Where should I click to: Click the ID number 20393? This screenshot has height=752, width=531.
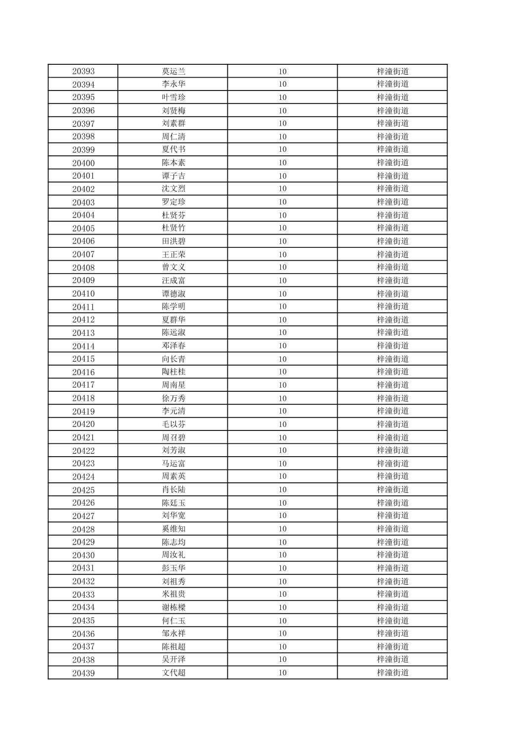[x=83, y=71]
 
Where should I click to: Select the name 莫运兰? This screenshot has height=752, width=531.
[x=174, y=71]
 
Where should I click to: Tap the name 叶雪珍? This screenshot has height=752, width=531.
[x=174, y=97]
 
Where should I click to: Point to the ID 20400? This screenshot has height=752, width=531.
[x=83, y=163]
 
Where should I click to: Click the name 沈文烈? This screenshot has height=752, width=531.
[x=174, y=188]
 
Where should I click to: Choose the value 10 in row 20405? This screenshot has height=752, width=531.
[x=282, y=228]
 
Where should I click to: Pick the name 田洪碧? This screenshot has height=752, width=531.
[x=174, y=241]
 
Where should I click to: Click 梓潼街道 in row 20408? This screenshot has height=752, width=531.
[x=393, y=267]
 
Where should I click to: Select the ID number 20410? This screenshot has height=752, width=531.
[x=83, y=293]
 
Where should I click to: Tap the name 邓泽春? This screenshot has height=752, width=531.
[x=174, y=346]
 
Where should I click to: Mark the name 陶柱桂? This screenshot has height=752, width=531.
[x=174, y=372]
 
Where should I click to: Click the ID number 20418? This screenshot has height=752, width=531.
[x=83, y=398]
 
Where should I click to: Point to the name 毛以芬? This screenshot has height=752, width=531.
[x=174, y=424]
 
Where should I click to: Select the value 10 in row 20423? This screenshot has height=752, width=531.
[x=282, y=464]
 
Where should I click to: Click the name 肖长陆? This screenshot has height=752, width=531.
[x=174, y=490]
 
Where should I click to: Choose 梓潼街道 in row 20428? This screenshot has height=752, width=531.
[x=393, y=529]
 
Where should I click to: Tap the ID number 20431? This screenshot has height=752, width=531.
[x=83, y=568]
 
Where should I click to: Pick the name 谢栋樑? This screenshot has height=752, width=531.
[x=174, y=607]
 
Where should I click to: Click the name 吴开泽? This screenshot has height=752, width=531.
[x=174, y=659]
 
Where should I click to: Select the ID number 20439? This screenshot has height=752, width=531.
[x=83, y=673]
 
